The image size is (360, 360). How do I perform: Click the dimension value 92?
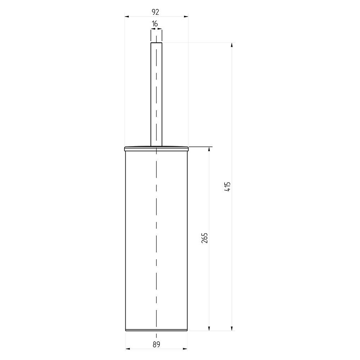pyautogui.click(x=156, y=12)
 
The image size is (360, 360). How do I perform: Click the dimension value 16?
pyautogui.click(x=155, y=24)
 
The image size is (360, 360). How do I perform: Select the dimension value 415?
pyautogui.click(x=228, y=186)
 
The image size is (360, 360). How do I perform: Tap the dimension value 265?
pyautogui.click(x=204, y=238)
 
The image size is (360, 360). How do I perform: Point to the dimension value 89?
pyautogui.click(x=156, y=345)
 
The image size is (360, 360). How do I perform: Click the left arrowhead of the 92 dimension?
pyautogui.click(x=127, y=17)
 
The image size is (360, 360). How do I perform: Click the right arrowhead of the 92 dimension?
pyautogui.click(x=186, y=17)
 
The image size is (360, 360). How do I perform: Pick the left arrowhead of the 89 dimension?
pyautogui.click(x=128, y=349)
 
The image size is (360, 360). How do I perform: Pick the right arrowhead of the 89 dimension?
pyautogui.click(x=185, y=349)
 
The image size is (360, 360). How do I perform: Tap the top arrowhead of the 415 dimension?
pyautogui.click(x=232, y=45)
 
